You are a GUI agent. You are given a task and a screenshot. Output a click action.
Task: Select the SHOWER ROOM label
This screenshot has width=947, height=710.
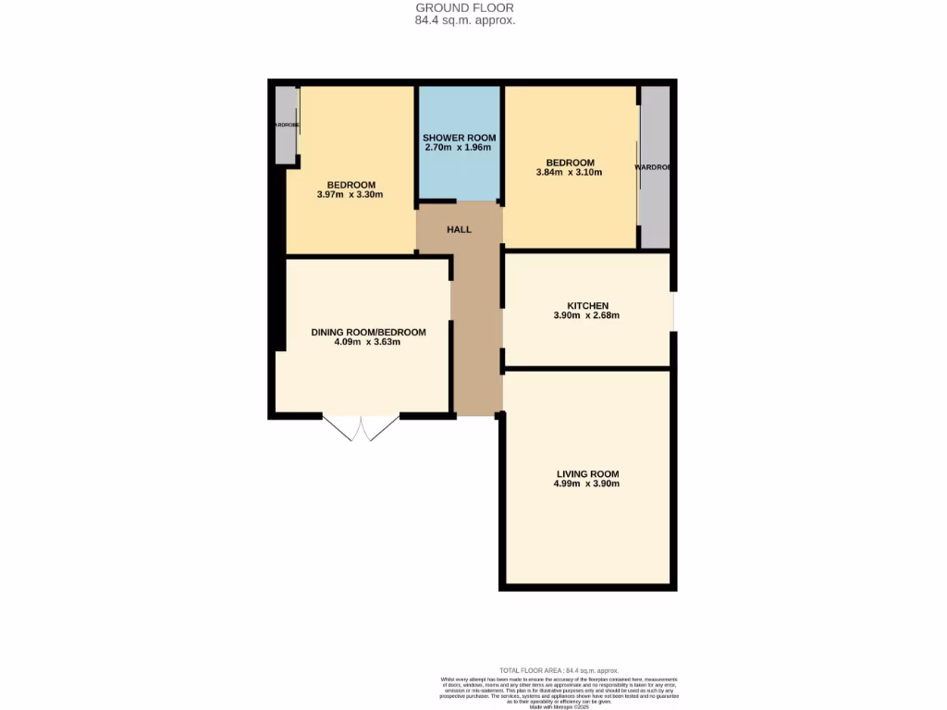click(x=459, y=138)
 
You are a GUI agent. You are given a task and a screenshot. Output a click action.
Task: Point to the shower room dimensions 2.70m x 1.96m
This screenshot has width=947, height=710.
click(x=459, y=148)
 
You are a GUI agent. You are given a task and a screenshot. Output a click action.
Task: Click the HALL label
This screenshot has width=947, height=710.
click(x=460, y=229)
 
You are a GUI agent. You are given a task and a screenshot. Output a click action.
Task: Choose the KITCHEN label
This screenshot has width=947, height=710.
click(x=587, y=306)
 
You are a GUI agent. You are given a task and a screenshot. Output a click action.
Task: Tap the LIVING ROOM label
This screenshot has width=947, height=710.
click(x=587, y=474)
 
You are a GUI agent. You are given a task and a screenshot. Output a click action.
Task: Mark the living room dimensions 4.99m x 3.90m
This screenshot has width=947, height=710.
click(x=587, y=484)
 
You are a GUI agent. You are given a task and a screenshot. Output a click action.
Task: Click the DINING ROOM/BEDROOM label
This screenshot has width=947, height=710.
click(x=368, y=333)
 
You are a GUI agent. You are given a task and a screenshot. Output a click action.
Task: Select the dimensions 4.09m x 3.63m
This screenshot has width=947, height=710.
click(x=368, y=343)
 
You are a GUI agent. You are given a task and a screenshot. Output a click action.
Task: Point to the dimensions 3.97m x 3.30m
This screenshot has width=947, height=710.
click(x=350, y=195)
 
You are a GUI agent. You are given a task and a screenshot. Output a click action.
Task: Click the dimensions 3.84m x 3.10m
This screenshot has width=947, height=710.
click(x=570, y=173)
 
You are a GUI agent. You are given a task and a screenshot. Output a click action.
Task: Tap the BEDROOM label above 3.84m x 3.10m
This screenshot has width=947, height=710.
click(x=570, y=163)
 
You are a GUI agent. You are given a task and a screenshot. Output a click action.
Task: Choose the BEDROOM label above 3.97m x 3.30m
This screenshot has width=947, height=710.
click(x=350, y=185)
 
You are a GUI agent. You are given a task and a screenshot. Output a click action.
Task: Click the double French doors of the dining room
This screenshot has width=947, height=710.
click(x=361, y=428)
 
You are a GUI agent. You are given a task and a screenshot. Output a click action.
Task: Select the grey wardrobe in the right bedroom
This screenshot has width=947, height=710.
click(x=655, y=167)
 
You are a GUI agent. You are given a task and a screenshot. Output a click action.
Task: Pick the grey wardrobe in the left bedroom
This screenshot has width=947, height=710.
click(x=286, y=126)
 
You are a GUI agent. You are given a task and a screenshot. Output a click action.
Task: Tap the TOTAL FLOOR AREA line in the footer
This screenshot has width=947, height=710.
click(x=558, y=670)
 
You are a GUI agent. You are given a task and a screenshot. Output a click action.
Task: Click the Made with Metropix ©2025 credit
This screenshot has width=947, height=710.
click(x=558, y=707)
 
